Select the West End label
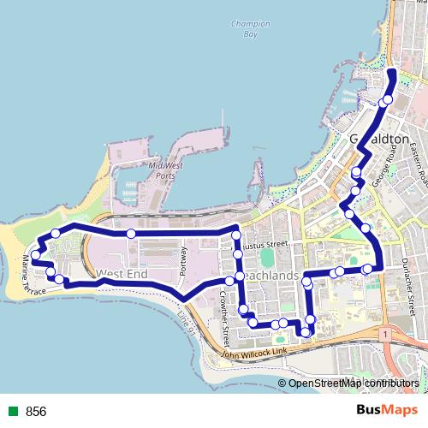click(122, 274)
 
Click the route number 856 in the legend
click(36, 411)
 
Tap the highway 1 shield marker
click(387, 331)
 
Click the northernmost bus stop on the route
click(387, 99)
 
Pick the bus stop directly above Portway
click(131, 234)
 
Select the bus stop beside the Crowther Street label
click(229, 281)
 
